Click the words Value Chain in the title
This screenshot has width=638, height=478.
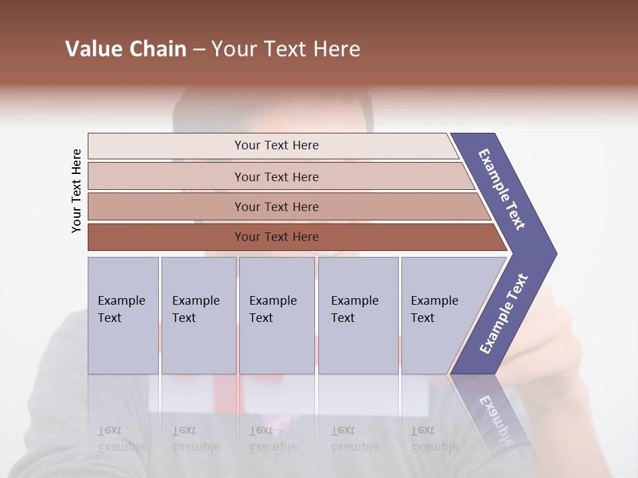click(126, 49)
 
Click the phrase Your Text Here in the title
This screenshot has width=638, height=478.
click(286, 49)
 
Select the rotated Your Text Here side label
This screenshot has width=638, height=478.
click(76, 191)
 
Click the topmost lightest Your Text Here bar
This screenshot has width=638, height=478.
click(276, 145)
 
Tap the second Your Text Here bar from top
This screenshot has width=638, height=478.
click(276, 177)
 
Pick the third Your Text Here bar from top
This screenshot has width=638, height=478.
click(276, 206)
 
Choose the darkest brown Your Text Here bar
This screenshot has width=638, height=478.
click(276, 237)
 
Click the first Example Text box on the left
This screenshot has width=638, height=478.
click(123, 315)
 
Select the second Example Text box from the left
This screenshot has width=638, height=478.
click(198, 315)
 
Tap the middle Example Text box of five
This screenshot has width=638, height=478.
click(276, 315)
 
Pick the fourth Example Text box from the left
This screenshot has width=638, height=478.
click(358, 315)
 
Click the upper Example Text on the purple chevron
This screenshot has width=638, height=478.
click(502, 189)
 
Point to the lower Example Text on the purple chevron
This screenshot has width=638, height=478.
click(503, 314)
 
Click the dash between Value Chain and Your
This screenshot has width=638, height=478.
click(199, 50)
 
